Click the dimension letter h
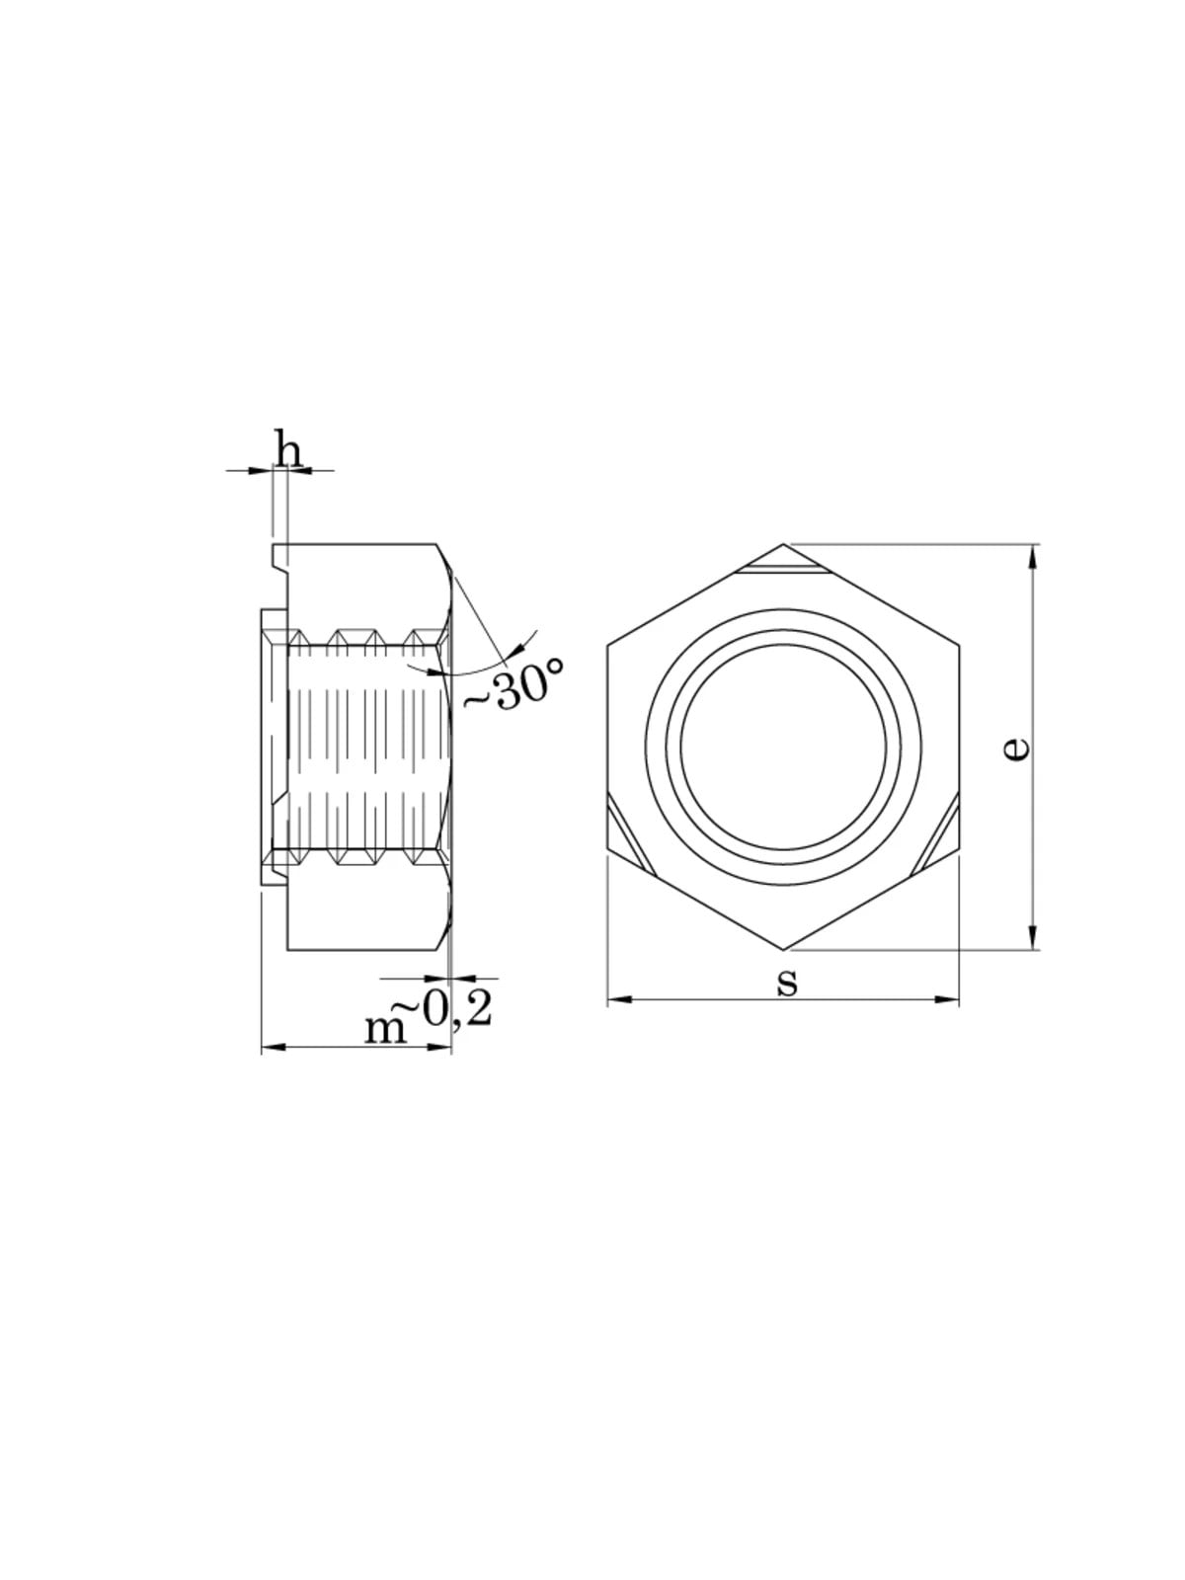(289, 451)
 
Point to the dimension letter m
(385, 1031)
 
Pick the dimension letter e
(1016, 749)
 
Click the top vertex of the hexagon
(783, 543)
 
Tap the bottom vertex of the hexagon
(783, 949)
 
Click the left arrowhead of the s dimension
(619, 999)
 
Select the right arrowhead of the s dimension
(947, 999)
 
